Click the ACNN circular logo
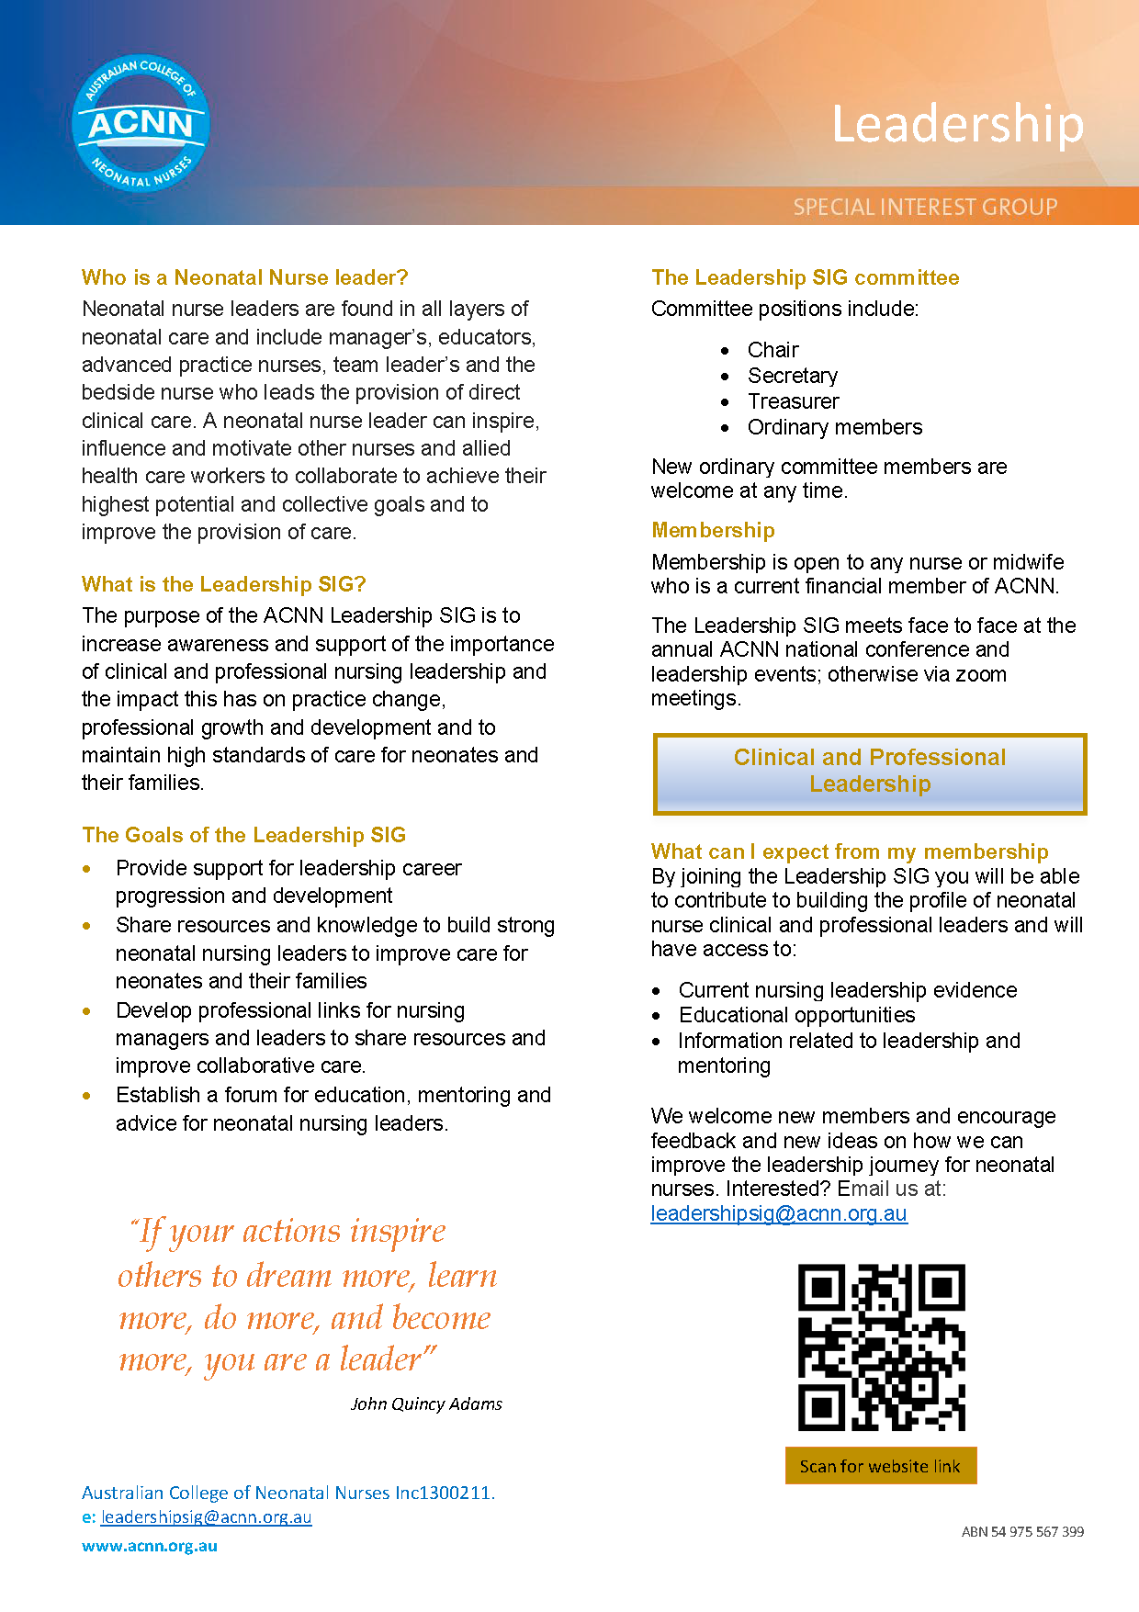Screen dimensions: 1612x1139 click(141, 123)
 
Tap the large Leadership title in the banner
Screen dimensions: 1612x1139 click(957, 124)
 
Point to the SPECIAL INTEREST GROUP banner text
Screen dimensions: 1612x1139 click(925, 207)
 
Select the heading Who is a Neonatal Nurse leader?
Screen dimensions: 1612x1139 click(244, 277)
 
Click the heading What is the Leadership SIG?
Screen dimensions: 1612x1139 click(223, 584)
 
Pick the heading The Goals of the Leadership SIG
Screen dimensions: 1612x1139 click(243, 835)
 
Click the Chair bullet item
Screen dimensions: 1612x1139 click(772, 350)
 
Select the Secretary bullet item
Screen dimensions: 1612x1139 click(792, 376)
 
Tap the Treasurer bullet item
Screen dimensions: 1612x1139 click(793, 401)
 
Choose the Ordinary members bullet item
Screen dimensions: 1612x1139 click(834, 427)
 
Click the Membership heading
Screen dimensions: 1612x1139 click(713, 530)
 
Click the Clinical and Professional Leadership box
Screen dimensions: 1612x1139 click(869, 772)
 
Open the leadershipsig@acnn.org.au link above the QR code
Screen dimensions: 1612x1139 click(778, 1213)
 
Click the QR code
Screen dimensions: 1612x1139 click(881, 1347)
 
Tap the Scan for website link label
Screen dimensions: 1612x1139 click(880, 1466)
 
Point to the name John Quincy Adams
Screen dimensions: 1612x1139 click(426, 1403)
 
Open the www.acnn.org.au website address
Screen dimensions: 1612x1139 click(150, 1546)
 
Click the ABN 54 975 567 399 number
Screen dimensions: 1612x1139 click(1022, 1531)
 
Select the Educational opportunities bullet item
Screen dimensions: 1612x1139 click(796, 1015)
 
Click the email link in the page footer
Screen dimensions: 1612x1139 click(206, 1517)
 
